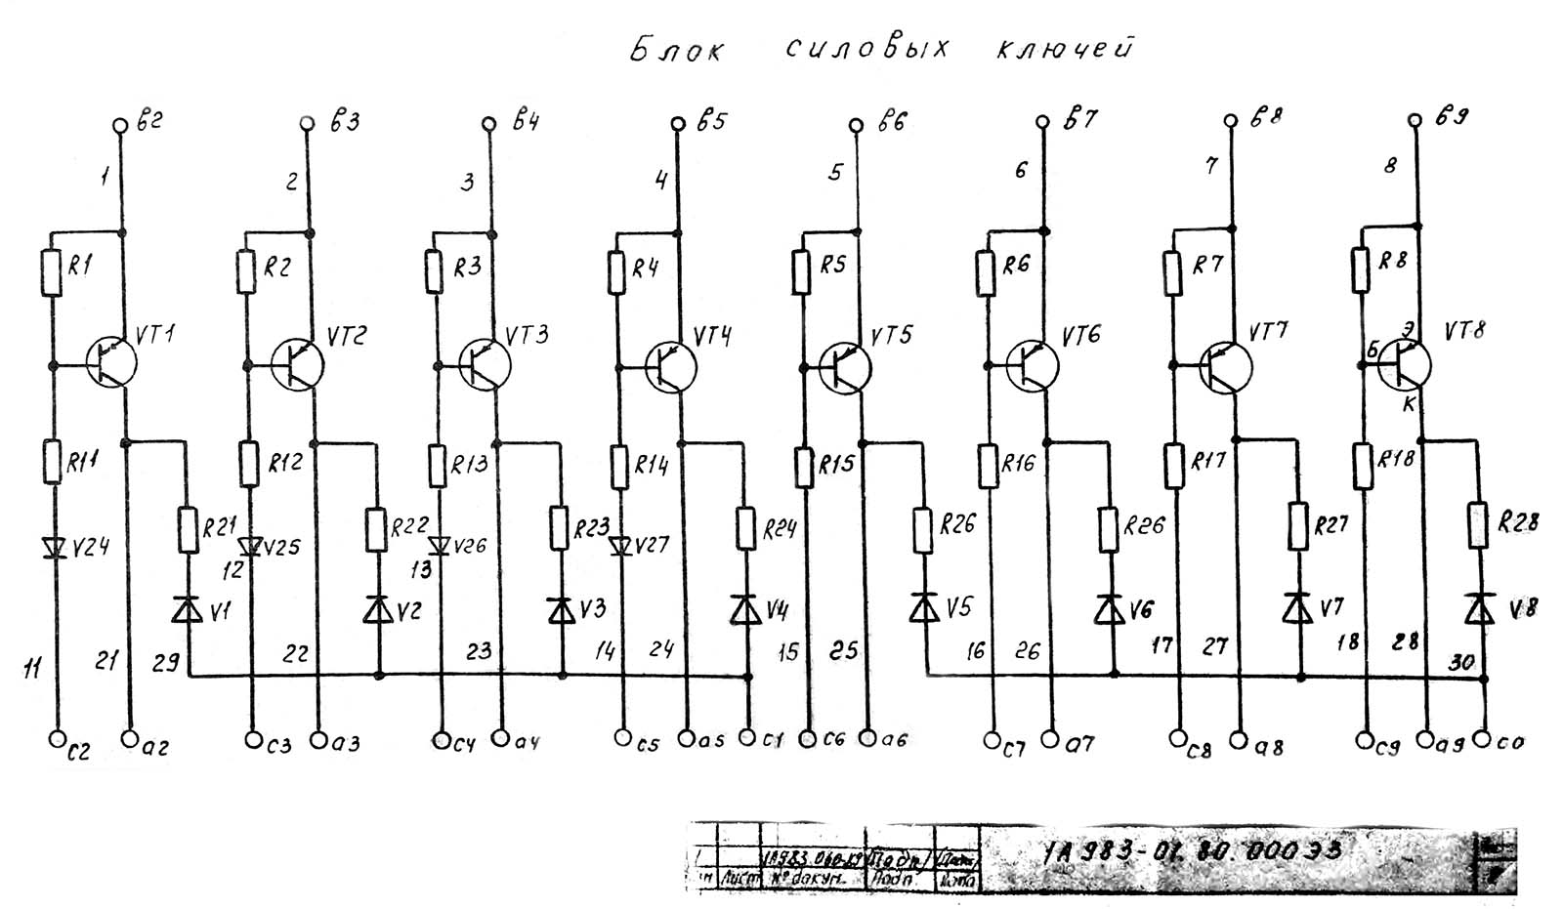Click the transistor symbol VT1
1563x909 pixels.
coord(110,362)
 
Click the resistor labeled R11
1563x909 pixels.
coord(53,461)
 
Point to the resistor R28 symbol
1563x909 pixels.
coord(1478,524)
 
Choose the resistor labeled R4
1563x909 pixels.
coord(617,271)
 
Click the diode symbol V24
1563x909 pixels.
coord(53,546)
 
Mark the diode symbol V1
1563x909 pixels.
coord(188,609)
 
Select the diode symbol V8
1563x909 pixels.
coord(1479,608)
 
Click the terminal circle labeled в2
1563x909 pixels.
coord(120,126)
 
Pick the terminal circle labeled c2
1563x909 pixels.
coord(56,739)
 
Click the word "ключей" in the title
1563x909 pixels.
coord(1064,48)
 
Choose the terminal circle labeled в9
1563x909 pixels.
coord(1415,119)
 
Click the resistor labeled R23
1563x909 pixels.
coord(560,527)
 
